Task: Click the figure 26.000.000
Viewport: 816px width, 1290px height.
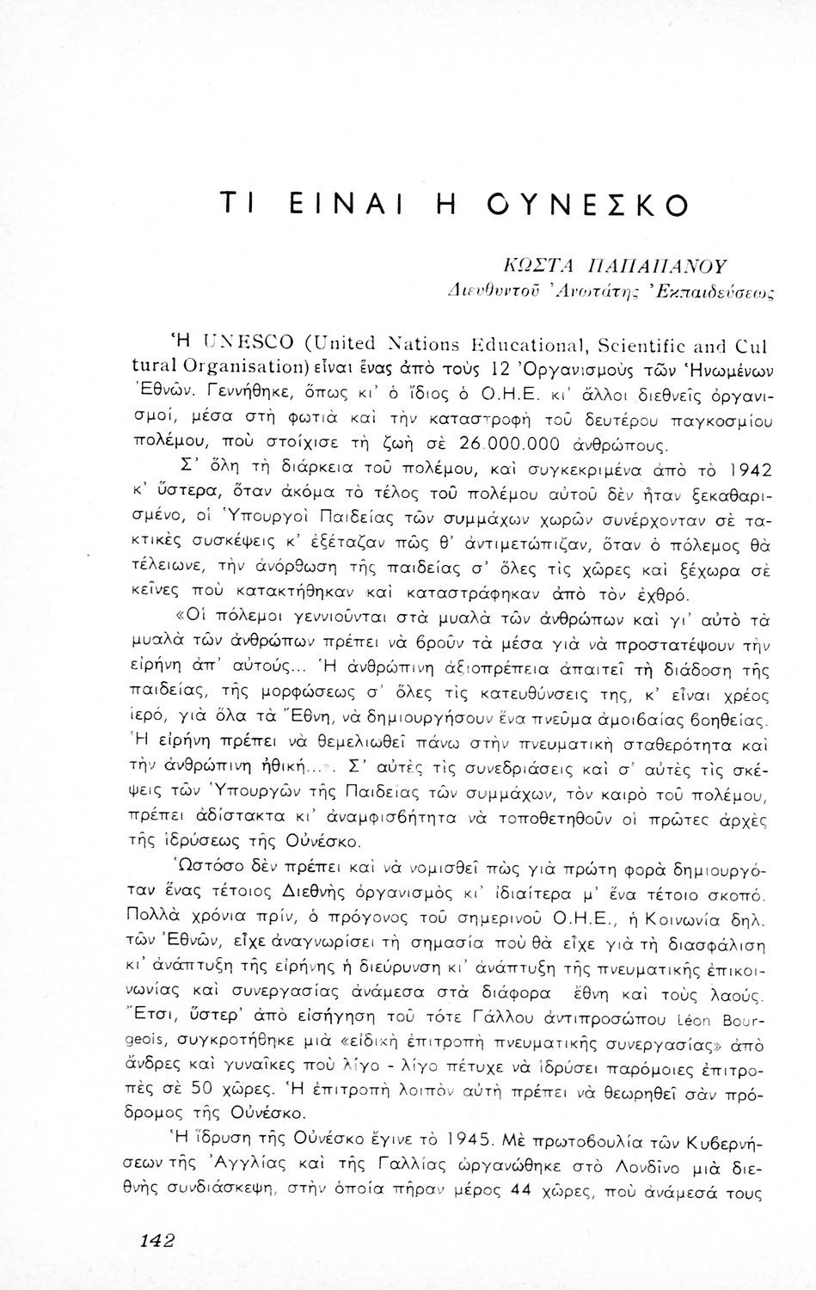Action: click(510, 445)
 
